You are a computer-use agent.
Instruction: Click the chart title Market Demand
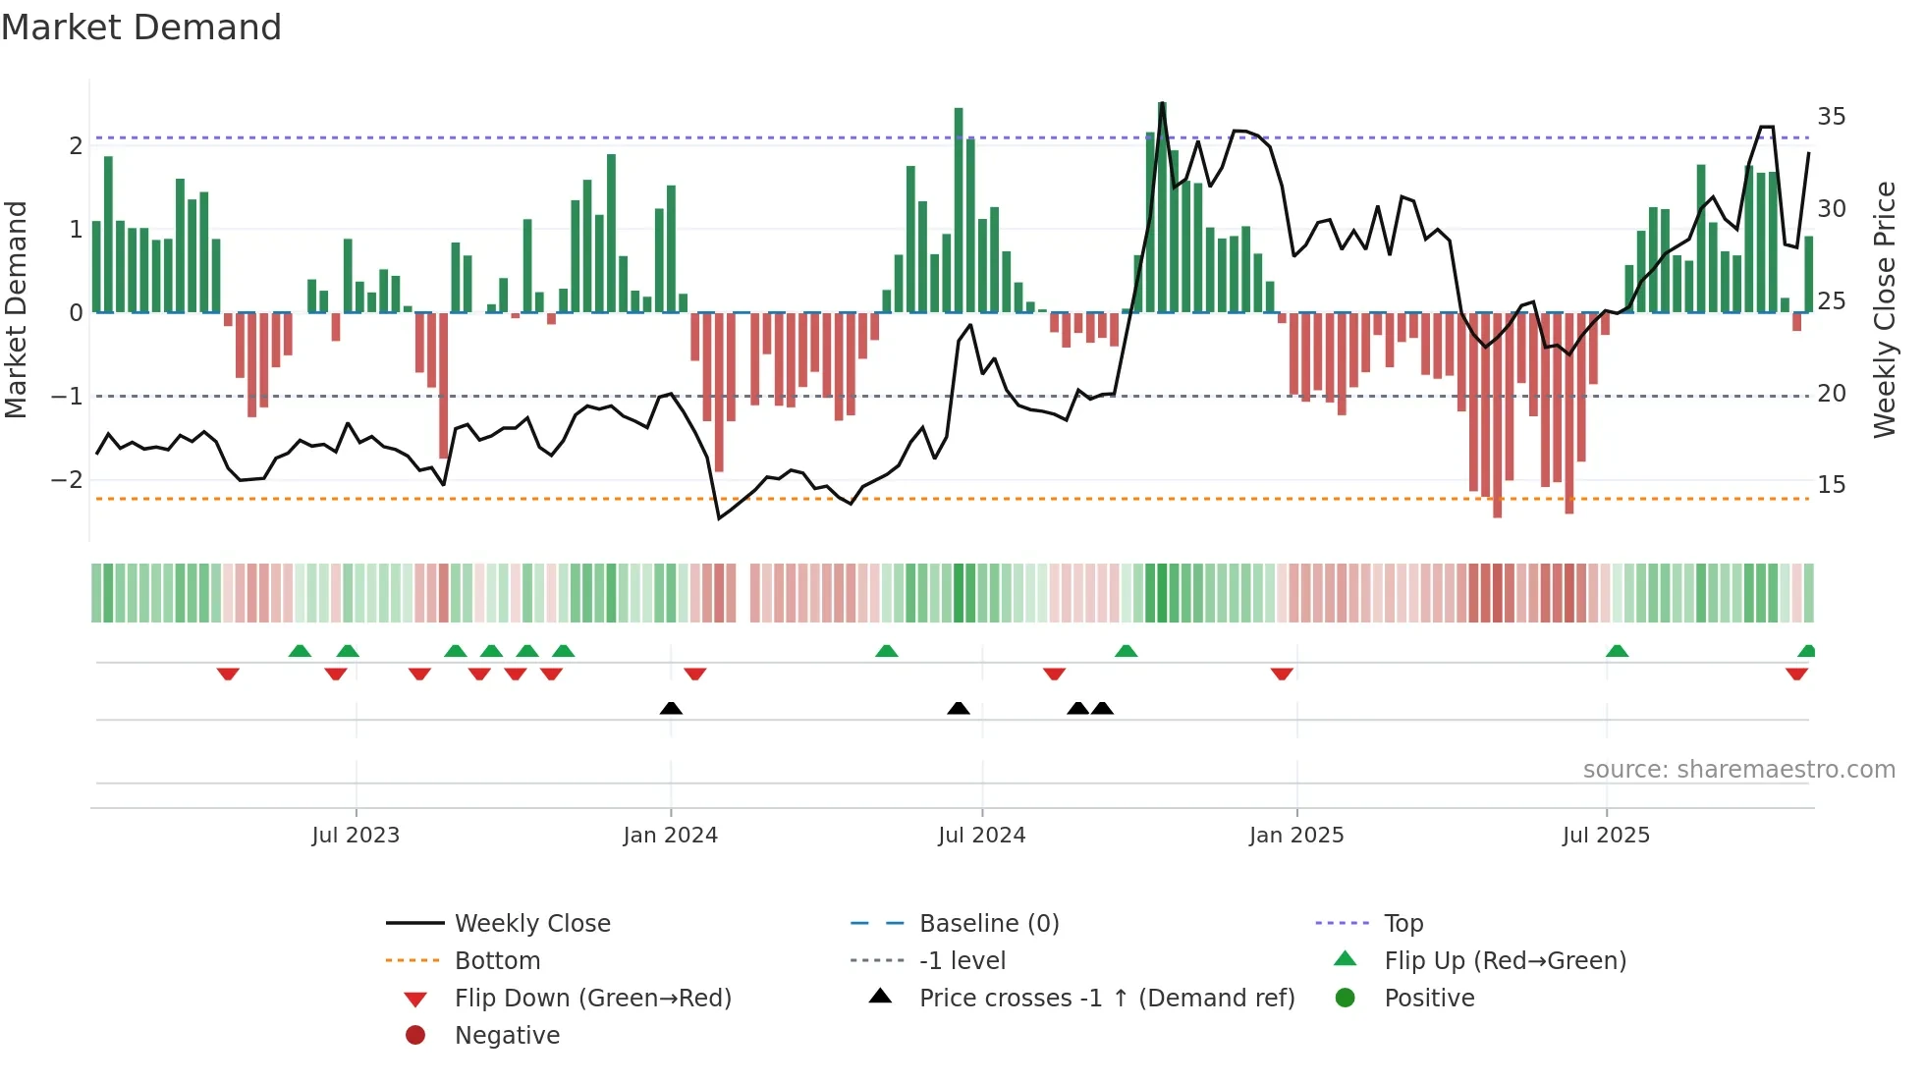tap(141, 27)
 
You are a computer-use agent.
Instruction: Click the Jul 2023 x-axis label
tap(356, 836)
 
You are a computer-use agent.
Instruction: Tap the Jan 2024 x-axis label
tap(670, 836)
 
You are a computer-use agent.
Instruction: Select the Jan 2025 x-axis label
tap(1296, 836)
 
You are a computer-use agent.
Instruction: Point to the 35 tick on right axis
tap(1831, 117)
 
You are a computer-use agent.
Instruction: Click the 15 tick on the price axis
tap(1831, 485)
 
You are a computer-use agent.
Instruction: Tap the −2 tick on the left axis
tap(68, 480)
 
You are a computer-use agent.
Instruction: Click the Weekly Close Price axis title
tap(1884, 309)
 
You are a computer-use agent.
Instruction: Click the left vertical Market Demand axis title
tap(17, 309)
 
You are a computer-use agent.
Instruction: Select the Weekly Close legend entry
tap(531, 924)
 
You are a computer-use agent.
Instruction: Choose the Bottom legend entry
tap(497, 961)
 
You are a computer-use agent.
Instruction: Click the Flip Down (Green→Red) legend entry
tap(592, 999)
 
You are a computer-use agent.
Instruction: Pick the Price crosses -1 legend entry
tap(1106, 999)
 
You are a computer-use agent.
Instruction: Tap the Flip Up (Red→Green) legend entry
tap(1505, 961)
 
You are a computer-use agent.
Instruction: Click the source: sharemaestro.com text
tap(1738, 770)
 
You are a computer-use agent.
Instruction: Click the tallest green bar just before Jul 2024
tap(959, 210)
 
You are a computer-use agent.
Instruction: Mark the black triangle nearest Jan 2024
tap(671, 709)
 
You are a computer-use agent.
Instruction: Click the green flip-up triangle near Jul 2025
tap(1617, 651)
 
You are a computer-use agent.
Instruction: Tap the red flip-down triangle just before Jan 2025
tap(1282, 674)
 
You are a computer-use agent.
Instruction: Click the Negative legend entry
tap(507, 1036)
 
